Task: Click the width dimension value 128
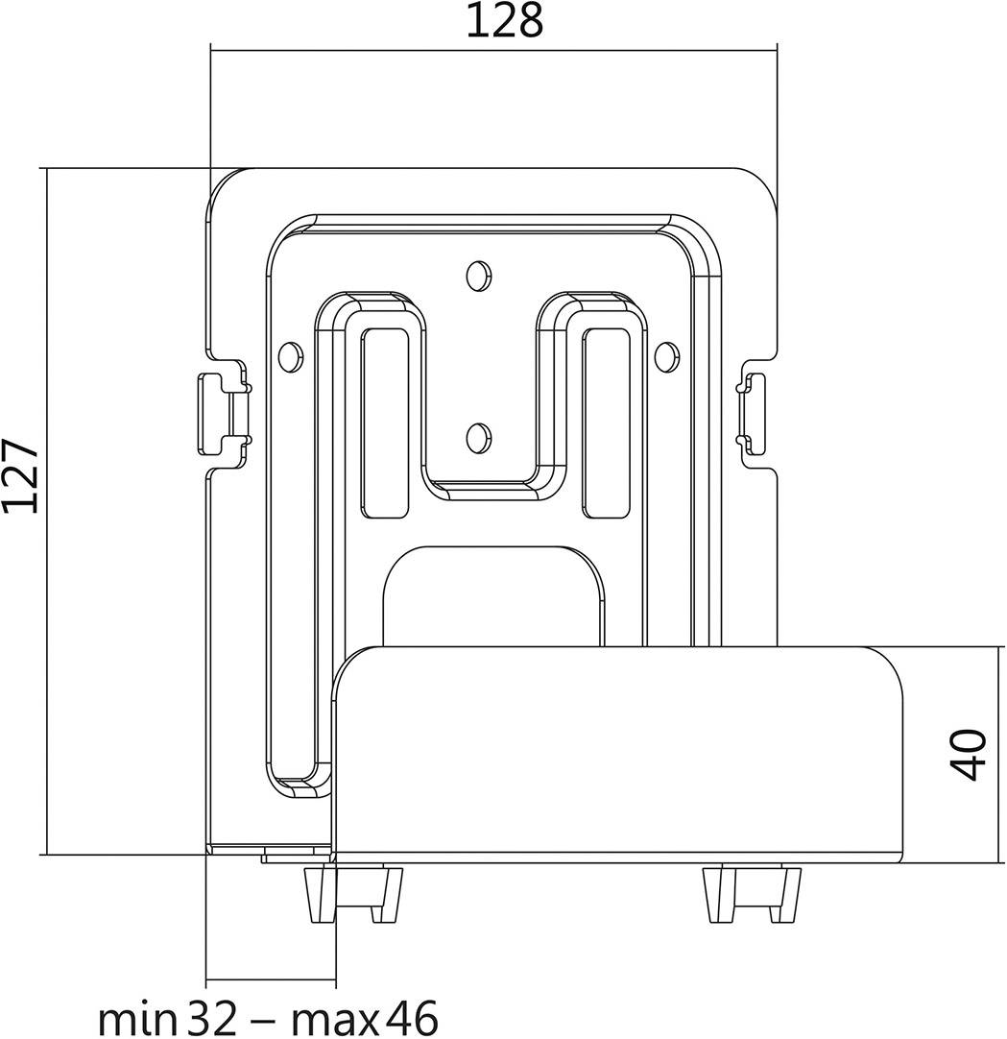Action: (504, 21)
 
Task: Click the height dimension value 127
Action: (21, 477)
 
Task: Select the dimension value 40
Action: (971, 754)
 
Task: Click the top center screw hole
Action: (477, 276)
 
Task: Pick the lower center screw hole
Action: (477, 438)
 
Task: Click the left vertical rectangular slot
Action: (384, 423)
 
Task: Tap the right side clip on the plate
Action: (751, 413)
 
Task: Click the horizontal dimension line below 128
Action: (493, 51)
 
